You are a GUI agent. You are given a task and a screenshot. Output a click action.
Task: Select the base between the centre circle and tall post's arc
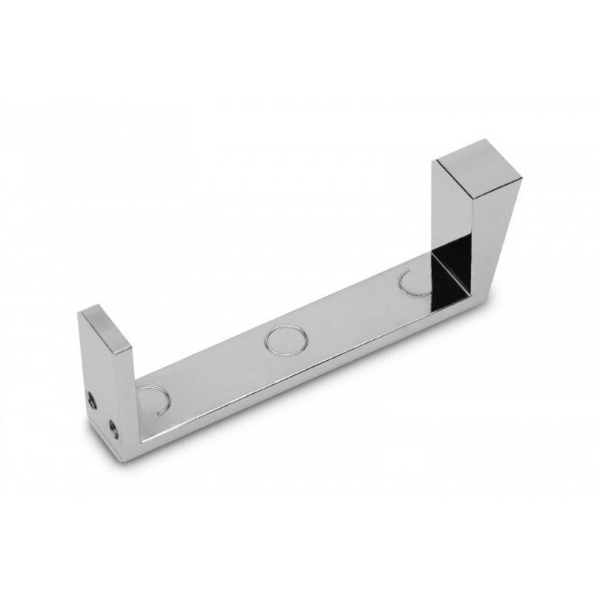352,311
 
